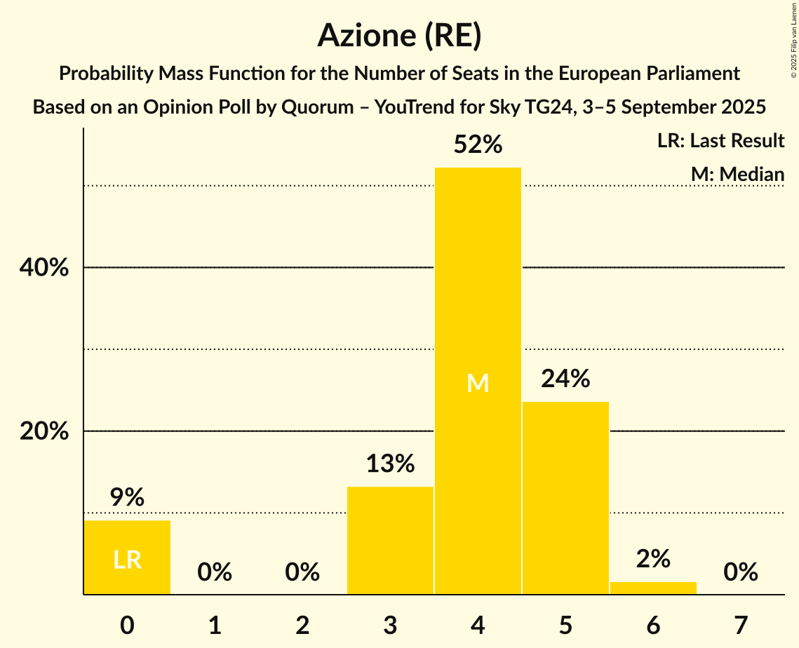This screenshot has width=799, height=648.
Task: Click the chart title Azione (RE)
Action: [x=399, y=35]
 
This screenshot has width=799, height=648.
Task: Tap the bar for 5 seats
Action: [x=565, y=498]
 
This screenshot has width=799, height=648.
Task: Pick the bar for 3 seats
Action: [x=390, y=540]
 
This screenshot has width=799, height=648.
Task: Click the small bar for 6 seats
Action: [x=653, y=588]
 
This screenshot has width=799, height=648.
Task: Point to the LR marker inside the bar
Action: [x=127, y=560]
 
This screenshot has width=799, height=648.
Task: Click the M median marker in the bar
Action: [x=478, y=383]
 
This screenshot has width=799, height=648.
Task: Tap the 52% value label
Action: [x=478, y=145]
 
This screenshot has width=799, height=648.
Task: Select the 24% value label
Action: [x=565, y=379]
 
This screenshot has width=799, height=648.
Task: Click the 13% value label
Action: [x=390, y=464]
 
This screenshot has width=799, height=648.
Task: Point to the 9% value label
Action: [x=127, y=497]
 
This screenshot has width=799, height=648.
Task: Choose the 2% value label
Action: [x=653, y=559]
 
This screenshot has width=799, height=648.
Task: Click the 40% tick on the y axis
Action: [x=44, y=268]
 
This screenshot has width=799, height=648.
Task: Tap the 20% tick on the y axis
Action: [x=44, y=431]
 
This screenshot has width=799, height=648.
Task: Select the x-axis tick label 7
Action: [x=741, y=625]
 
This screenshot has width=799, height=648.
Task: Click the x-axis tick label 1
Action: [x=215, y=625]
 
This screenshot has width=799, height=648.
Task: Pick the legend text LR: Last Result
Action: [x=720, y=141]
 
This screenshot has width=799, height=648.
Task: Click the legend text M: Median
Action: [x=737, y=173]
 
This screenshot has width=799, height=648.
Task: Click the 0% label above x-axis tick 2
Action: [x=302, y=573]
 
